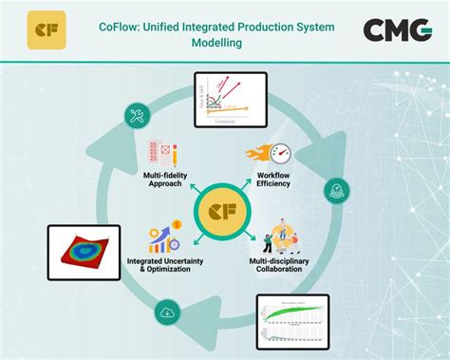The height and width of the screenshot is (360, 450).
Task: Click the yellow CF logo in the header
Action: click(x=47, y=29)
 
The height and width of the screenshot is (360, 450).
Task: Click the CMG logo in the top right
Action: click(x=397, y=29)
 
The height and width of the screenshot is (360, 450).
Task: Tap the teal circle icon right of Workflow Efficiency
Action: click(x=335, y=191)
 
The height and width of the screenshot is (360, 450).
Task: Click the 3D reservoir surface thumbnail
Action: click(x=84, y=252)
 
